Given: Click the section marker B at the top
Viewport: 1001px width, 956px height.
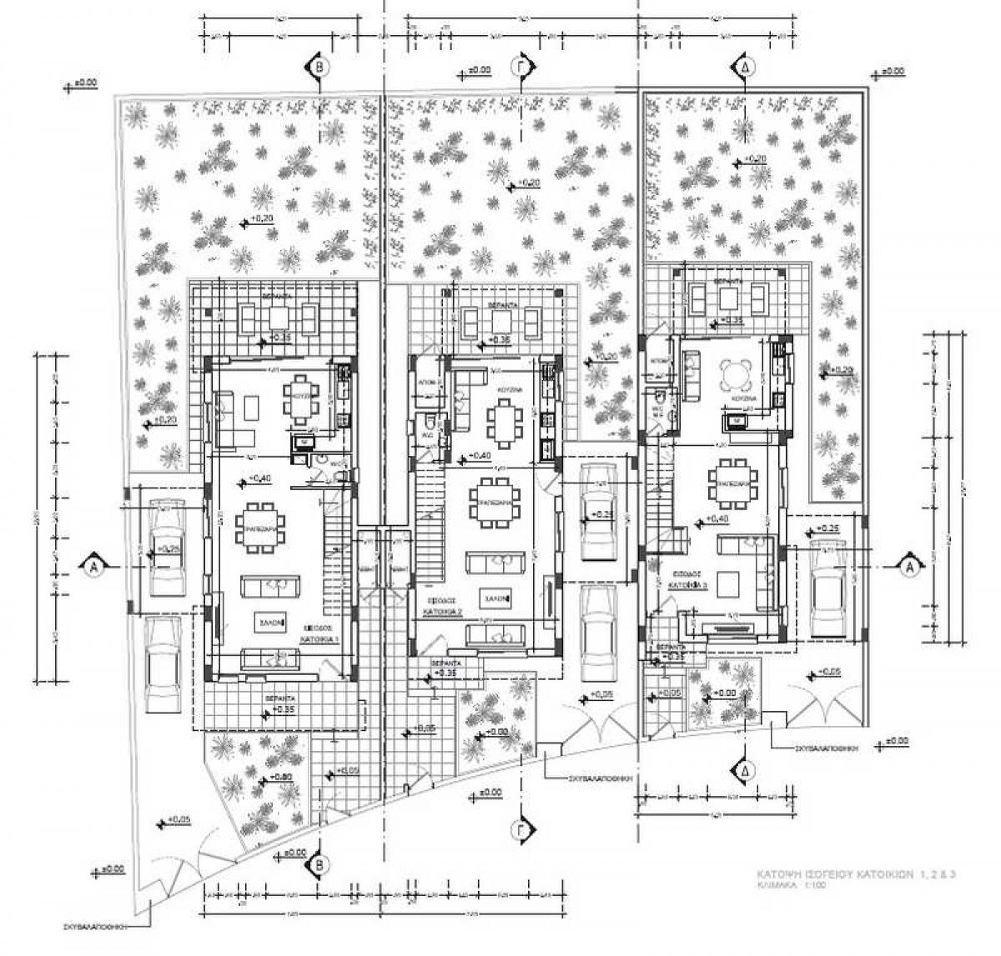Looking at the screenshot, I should point(318,66).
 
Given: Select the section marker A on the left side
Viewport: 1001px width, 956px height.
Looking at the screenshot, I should point(93,567).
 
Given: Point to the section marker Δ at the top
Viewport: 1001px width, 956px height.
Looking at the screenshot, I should point(742,66).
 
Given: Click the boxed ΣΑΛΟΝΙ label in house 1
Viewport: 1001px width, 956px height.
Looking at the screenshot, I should point(269,622).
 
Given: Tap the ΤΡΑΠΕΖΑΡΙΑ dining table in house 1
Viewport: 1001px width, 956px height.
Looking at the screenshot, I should point(260,527).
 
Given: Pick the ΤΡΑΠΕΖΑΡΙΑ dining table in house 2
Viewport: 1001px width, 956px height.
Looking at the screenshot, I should point(494,503).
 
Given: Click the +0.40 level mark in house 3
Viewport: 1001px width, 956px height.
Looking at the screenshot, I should point(717,519).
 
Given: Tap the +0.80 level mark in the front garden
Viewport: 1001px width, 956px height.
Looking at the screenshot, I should point(281,778).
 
